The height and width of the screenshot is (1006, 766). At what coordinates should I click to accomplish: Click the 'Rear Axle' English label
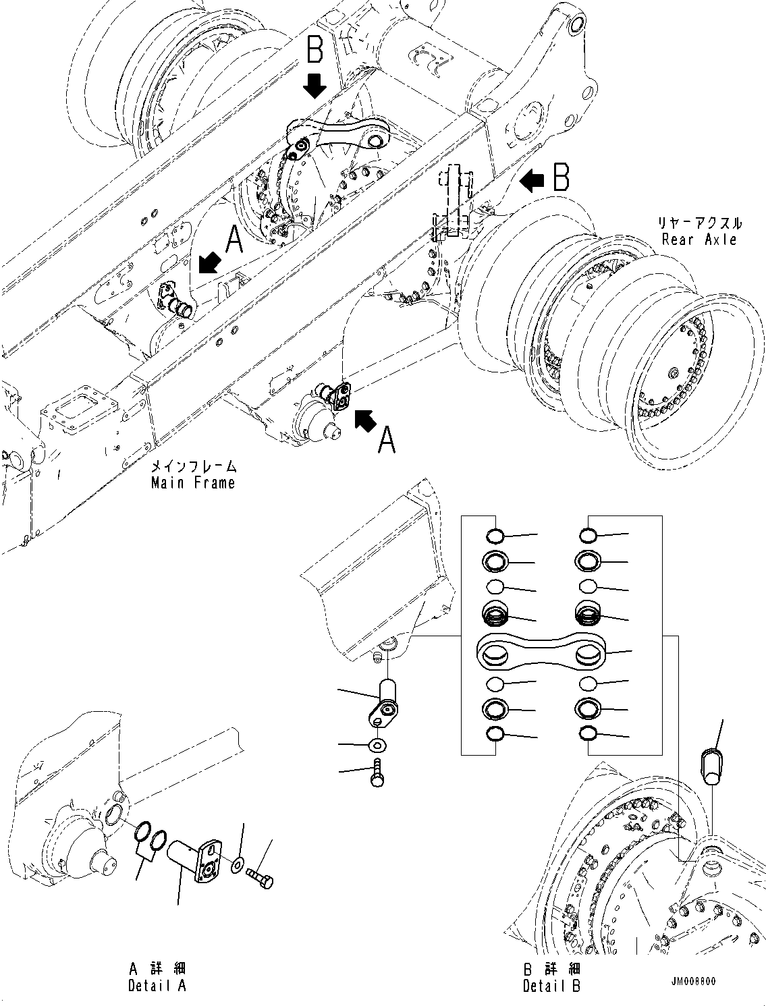coord(699,239)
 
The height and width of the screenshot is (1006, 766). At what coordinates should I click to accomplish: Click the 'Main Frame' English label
coord(193,482)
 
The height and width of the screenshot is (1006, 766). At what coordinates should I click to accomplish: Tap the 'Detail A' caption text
coord(157,986)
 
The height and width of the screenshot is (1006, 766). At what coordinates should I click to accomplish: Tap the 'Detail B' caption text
coord(551,986)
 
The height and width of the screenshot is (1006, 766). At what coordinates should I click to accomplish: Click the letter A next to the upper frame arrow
coord(234,240)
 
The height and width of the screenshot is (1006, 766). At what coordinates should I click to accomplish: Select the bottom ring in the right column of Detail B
coord(587,734)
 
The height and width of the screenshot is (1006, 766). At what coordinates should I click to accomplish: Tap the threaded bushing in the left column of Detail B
coord(496,613)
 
